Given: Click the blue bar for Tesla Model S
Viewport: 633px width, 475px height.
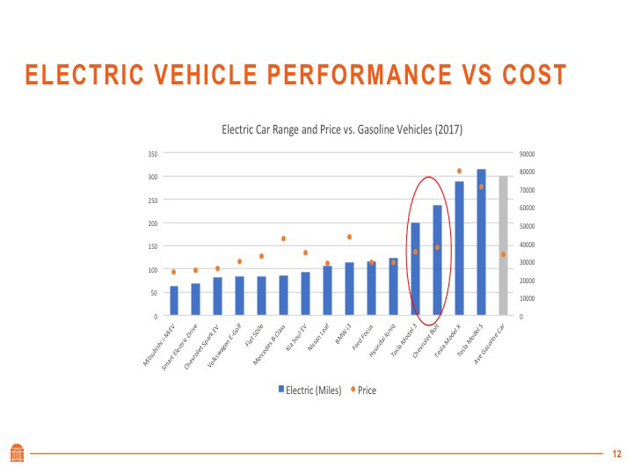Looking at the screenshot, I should (x=481, y=242).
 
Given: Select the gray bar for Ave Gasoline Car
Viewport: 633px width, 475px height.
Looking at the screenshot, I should (x=503, y=245).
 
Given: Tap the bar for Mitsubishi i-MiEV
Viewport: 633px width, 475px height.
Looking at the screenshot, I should (x=174, y=300).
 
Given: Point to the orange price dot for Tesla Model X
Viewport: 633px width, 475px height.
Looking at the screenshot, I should (x=459, y=171).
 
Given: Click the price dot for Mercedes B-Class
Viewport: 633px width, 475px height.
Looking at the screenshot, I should (x=283, y=238).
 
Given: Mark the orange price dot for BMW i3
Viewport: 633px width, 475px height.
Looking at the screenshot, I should (x=349, y=237).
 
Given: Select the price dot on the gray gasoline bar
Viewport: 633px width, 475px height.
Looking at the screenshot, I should (x=503, y=254).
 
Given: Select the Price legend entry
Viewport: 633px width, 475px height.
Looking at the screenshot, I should (x=362, y=390).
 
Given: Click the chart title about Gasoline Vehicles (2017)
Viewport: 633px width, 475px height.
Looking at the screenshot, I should (x=342, y=129).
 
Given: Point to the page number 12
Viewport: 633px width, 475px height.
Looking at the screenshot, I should (x=616, y=454).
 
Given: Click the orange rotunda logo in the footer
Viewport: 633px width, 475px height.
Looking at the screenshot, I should (x=16, y=453).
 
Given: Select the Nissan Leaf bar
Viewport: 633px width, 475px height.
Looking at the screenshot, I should (x=327, y=290).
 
